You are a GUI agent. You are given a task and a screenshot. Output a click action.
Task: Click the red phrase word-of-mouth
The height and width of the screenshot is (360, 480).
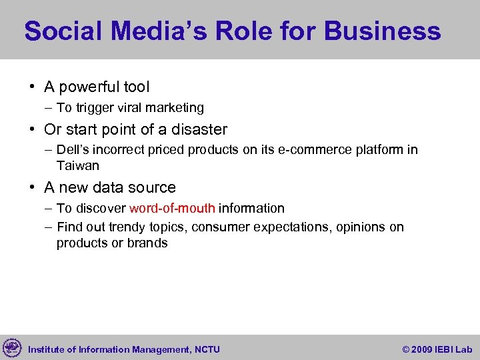[172, 209]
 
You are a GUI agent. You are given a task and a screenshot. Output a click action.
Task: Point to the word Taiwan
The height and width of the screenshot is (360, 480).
[78, 165]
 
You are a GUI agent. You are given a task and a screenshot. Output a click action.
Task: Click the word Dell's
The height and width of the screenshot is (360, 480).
[71, 150]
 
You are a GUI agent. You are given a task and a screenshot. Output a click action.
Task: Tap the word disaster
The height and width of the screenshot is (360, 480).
[194, 129]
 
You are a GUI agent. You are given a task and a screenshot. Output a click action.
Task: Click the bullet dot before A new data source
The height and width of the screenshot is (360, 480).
[32, 188]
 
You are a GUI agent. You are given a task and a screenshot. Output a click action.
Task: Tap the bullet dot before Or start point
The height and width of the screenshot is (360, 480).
[32, 129]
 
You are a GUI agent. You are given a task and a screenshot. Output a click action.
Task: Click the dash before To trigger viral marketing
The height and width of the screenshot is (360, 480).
[49, 108]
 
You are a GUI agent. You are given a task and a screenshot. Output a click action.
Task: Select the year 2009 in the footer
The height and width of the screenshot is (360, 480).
[422, 349]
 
